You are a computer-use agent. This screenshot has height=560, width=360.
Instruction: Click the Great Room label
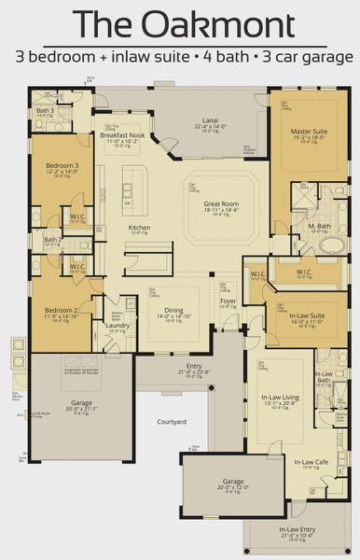(222, 203)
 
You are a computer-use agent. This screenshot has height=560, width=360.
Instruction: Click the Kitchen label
(140, 228)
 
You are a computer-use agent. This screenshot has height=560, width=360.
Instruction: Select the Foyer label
(228, 301)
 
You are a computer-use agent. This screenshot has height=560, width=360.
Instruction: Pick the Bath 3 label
(46, 110)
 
